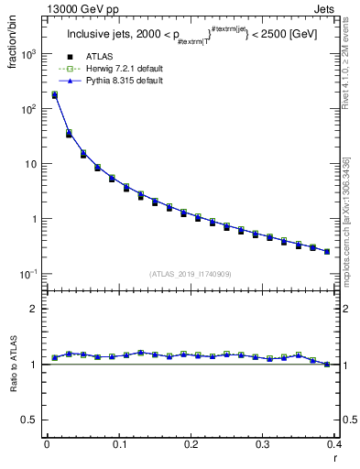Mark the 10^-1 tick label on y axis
30,274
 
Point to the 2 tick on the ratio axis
35,309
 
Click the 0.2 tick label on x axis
191,444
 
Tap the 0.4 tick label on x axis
334,444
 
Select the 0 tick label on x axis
47,444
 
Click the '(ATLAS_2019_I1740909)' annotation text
190,274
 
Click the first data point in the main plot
54,94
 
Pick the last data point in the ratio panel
327,365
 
